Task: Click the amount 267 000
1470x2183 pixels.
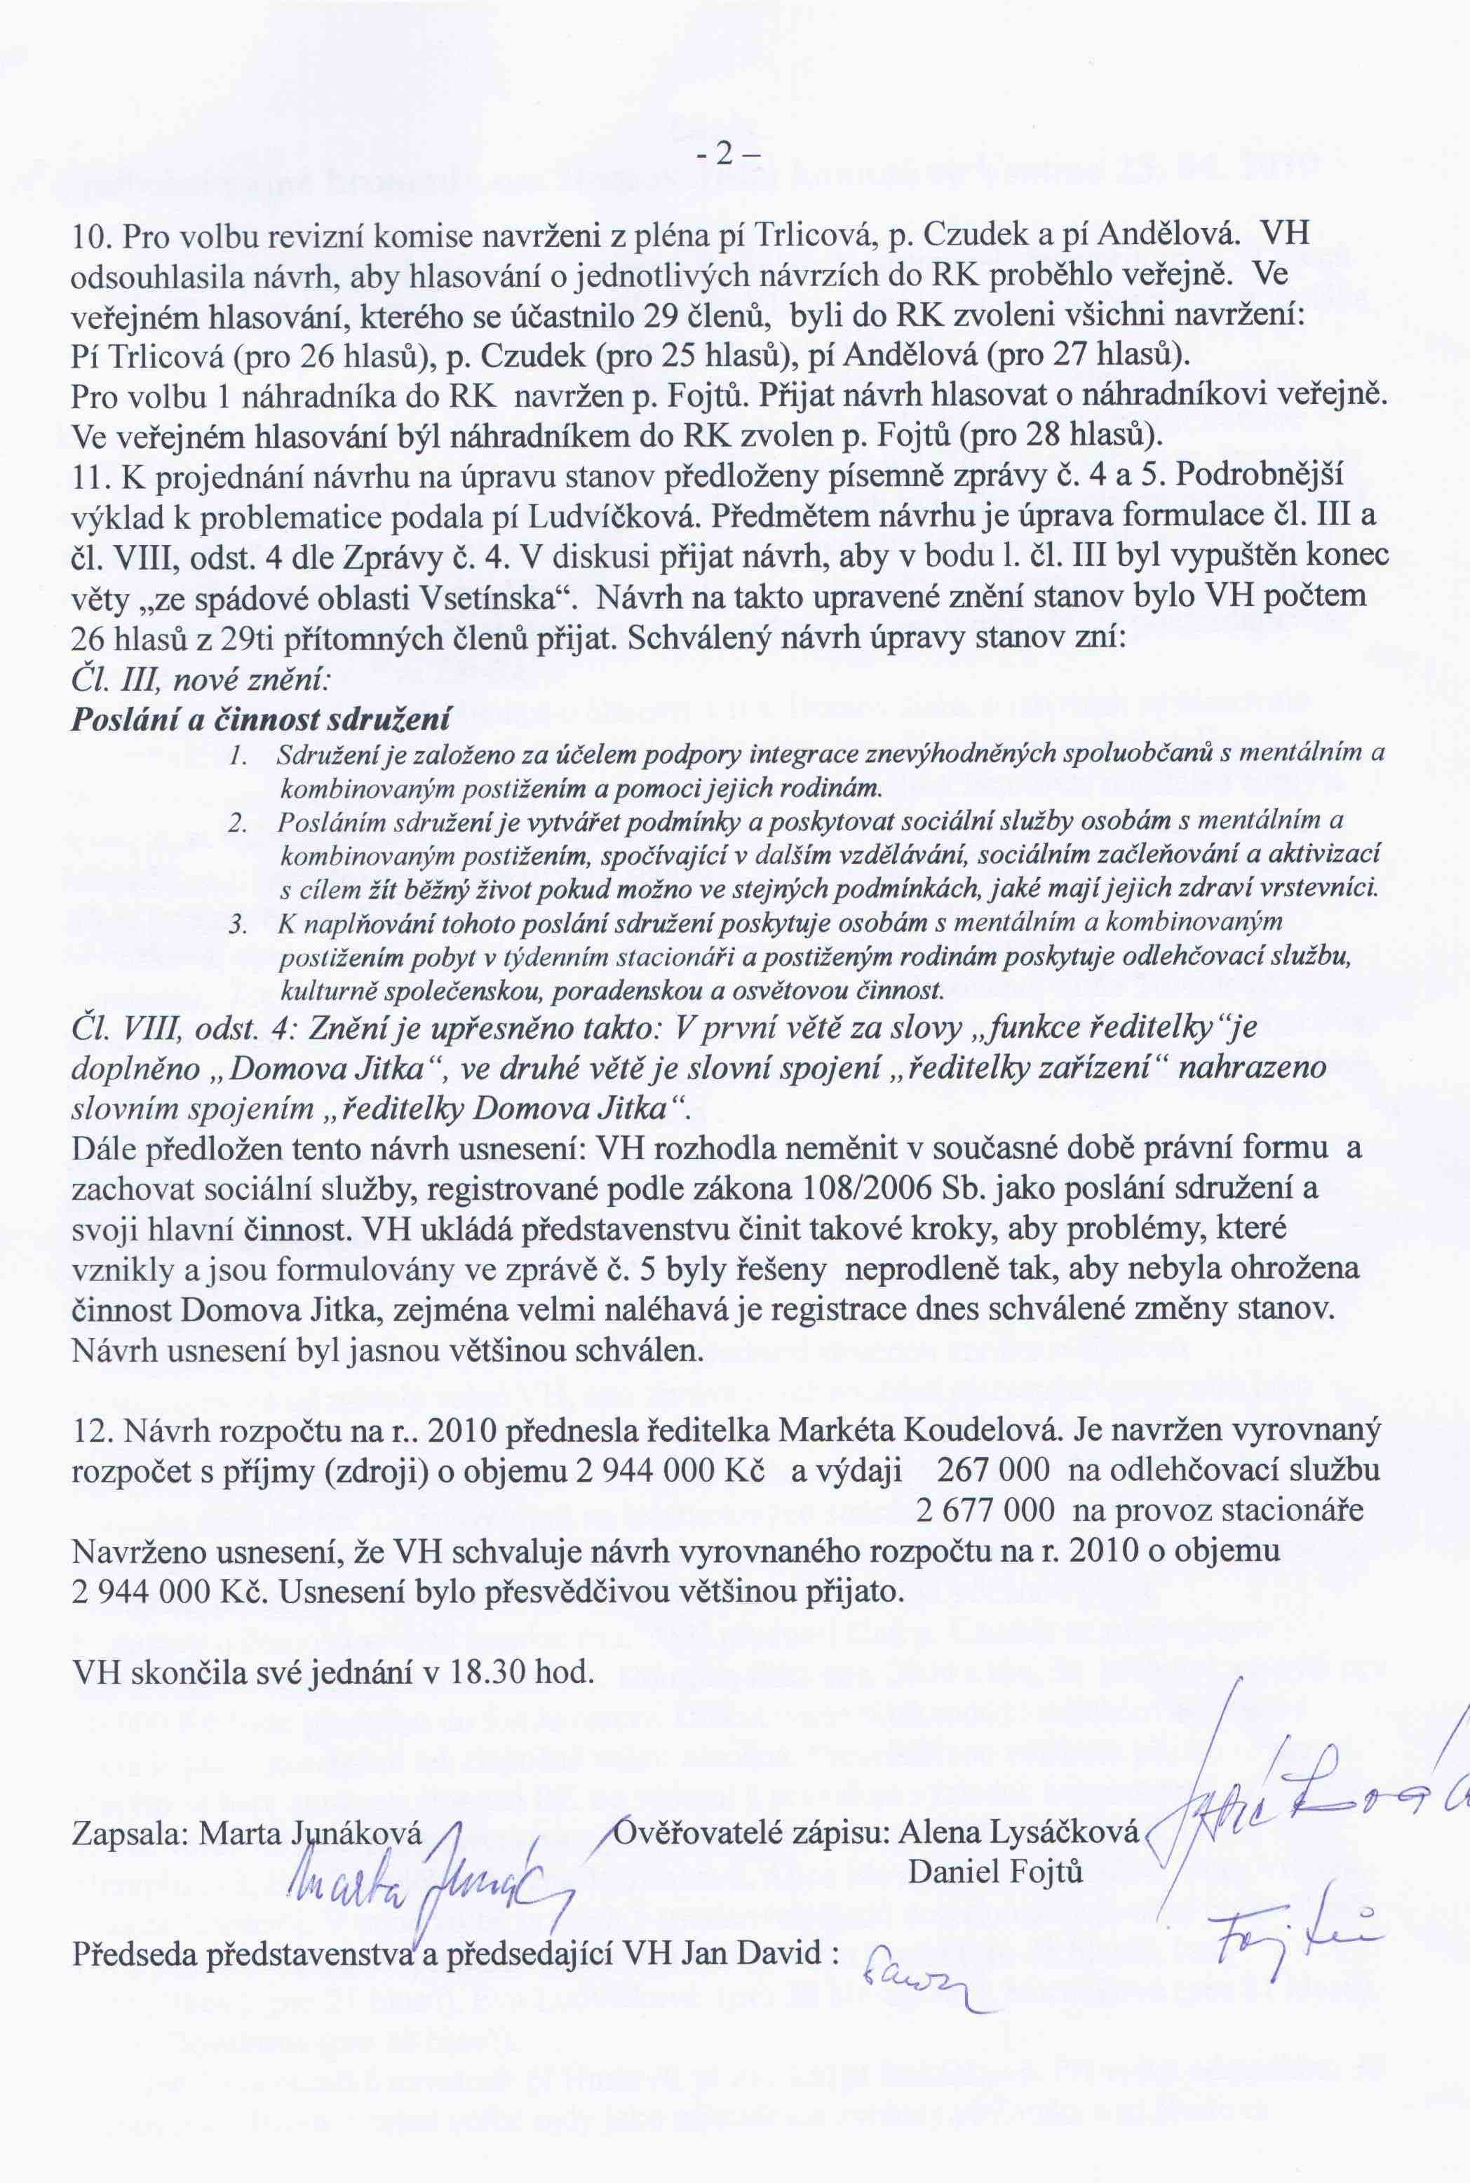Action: [985, 1470]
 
